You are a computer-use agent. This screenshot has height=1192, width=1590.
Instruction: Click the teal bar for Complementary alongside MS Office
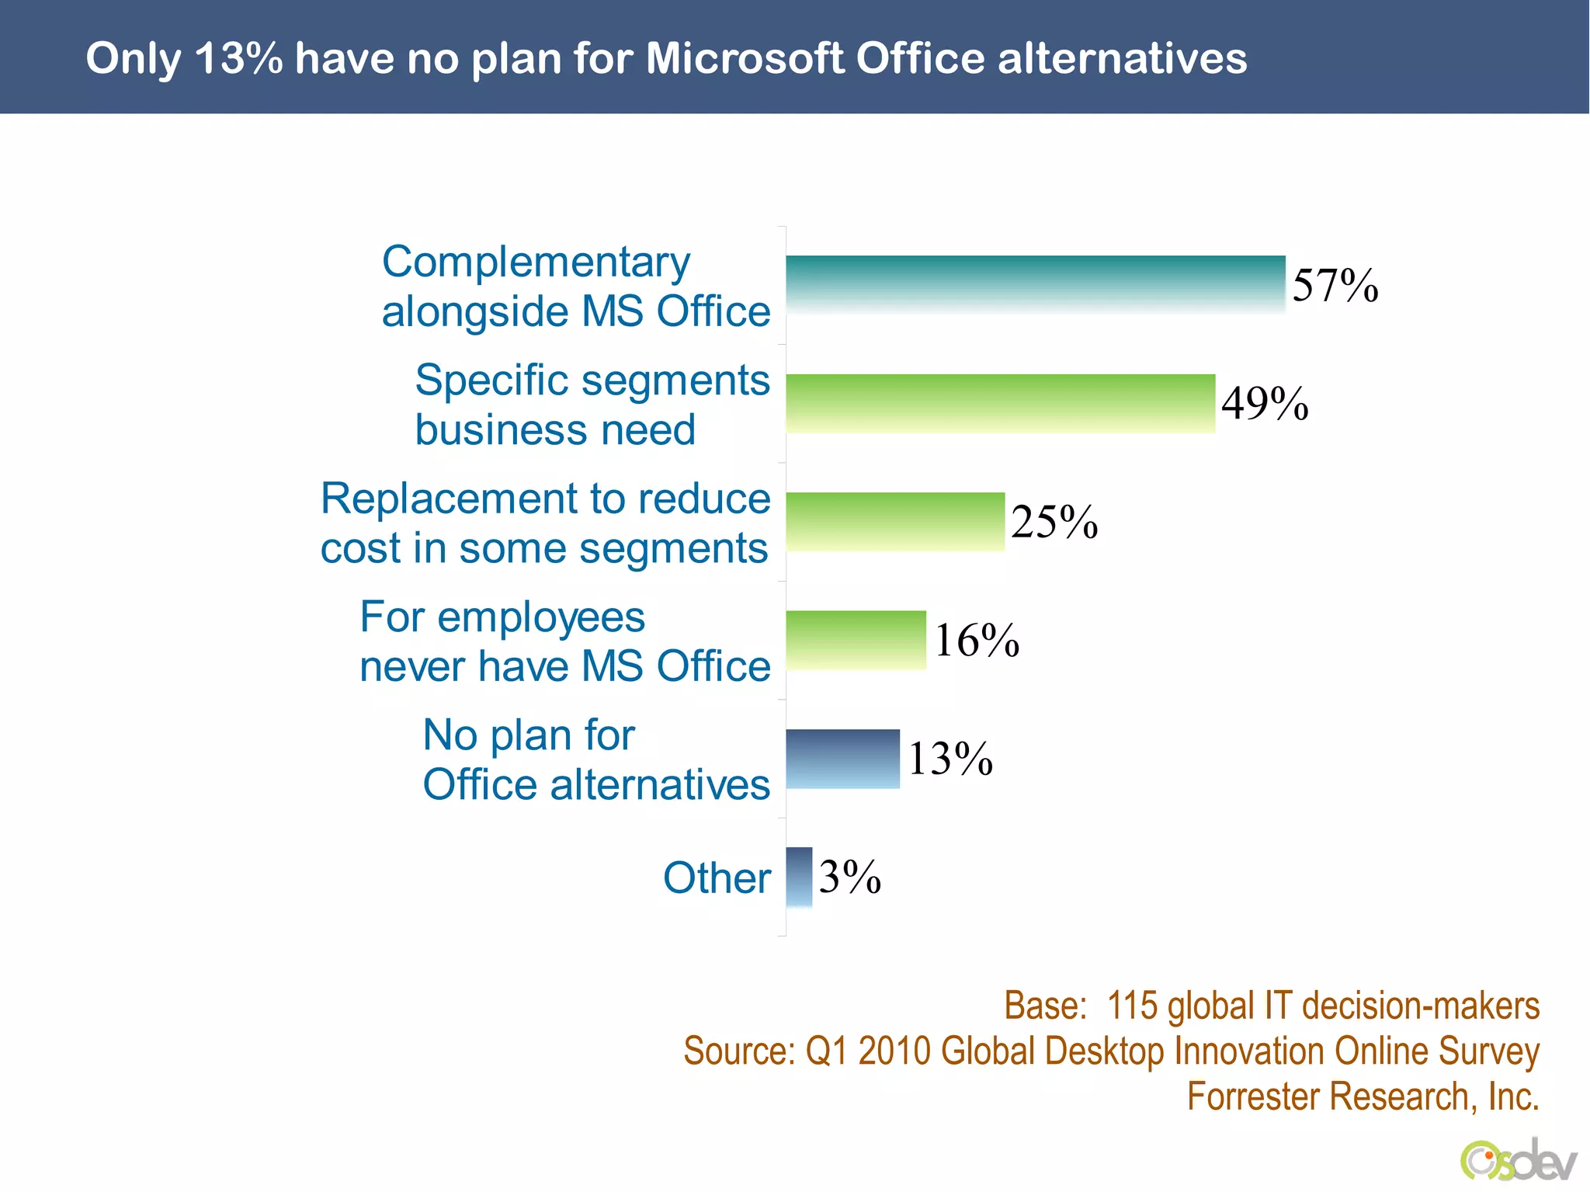pyautogui.click(x=1035, y=284)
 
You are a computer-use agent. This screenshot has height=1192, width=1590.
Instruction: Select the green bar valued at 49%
pyautogui.click(x=1000, y=403)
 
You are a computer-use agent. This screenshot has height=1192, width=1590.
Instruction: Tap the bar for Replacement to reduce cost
pyautogui.click(x=894, y=521)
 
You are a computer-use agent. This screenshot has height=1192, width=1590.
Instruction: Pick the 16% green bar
pyautogui.click(x=856, y=640)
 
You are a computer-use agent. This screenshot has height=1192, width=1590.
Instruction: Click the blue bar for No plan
pyautogui.click(x=842, y=759)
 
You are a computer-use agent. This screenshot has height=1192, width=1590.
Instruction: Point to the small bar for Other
pyautogui.click(x=799, y=877)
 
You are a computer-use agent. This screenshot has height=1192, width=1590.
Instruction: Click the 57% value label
pyautogui.click(x=1335, y=285)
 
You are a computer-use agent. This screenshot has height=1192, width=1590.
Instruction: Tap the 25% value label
pyautogui.click(x=1054, y=522)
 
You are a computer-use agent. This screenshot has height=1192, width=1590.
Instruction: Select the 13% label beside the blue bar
pyautogui.click(x=949, y=759)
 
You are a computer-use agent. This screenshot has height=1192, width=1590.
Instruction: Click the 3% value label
pyautogui.click(x=849, y=877)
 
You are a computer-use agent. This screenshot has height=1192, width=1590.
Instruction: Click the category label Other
pyautogui.click(x=716, y=878)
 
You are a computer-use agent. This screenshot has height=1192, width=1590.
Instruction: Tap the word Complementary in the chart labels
pyautogui.click(x=536, y=262)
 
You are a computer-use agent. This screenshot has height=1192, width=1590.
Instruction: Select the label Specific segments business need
pyautogui.click(x=592, y=405)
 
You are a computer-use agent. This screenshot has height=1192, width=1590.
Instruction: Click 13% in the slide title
pyautogui.click(x=238, y=58)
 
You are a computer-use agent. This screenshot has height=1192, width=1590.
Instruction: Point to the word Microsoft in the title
pyautogui.click(x=744, y=58)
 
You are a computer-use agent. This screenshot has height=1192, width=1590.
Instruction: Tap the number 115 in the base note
pyautogui.click(x=1131, y=1006)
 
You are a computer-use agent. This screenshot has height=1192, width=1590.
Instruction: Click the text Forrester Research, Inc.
pyautogui.click(x=1363, y=1096)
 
